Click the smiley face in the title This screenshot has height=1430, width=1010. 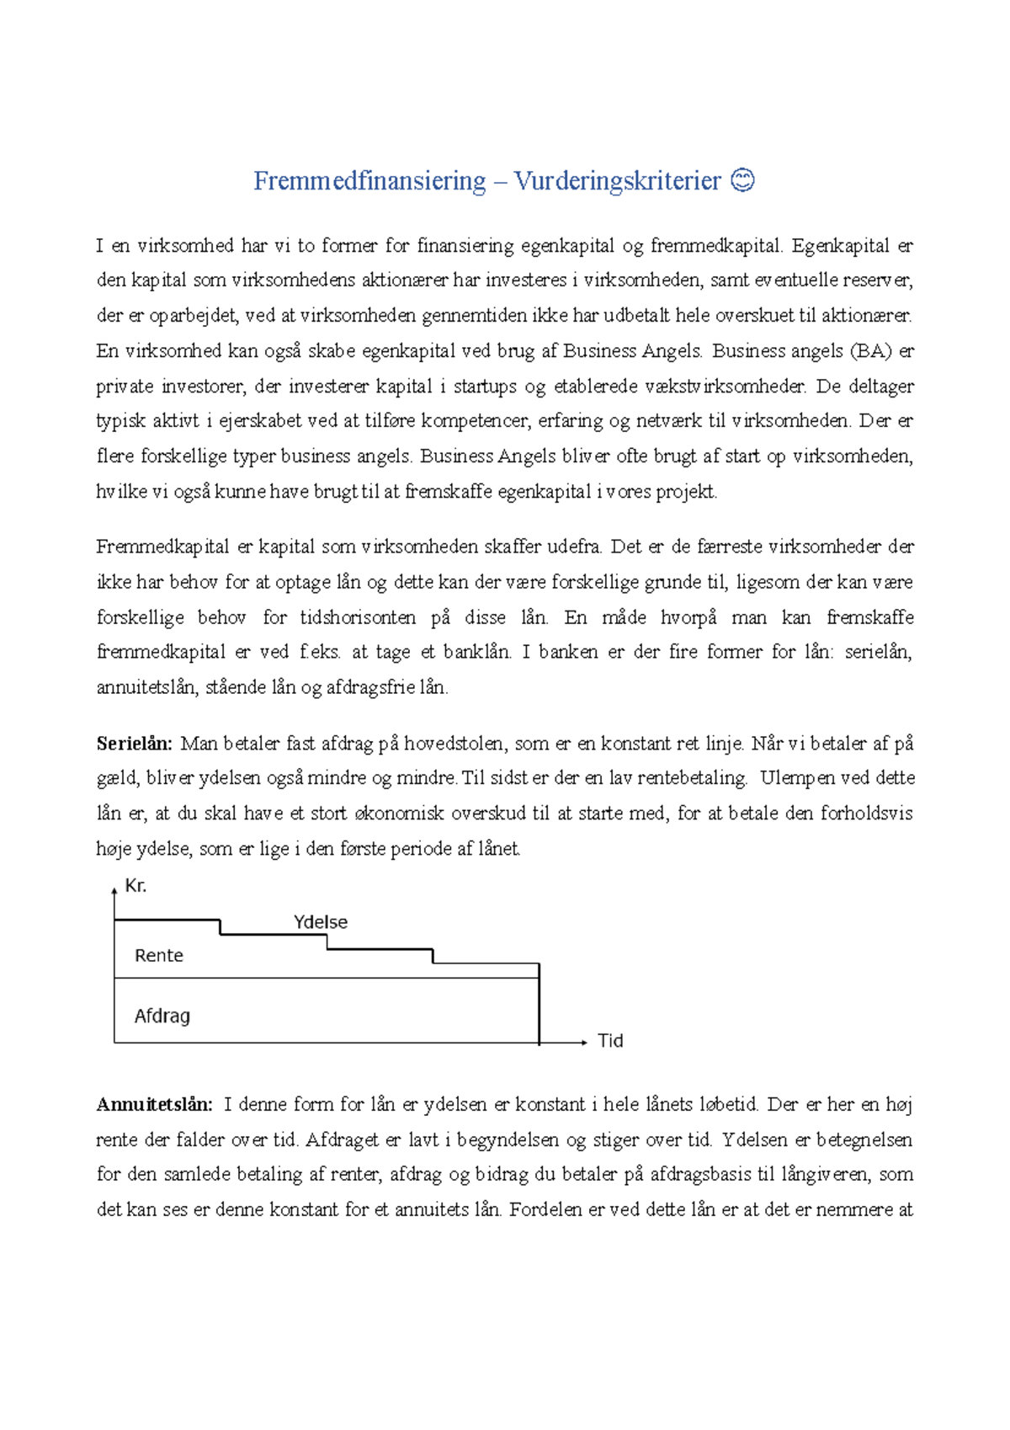click(742, 180)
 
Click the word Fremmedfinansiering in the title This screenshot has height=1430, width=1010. click(369, 181)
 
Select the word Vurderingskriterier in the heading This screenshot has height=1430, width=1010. click(617, 181)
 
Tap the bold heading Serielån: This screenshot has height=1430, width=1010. click(135, 744)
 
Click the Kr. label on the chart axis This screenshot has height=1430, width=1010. click(136, 886)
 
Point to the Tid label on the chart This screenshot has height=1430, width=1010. click(610, 1041)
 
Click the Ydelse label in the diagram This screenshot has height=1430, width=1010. click(321, 922)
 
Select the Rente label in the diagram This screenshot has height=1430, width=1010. click(159, 956)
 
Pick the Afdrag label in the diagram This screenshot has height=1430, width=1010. click(162, 1016)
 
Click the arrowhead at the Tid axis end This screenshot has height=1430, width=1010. click(582, 1043)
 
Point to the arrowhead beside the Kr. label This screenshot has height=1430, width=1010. click(114, 890)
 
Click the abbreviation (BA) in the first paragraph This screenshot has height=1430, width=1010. click(870, 351)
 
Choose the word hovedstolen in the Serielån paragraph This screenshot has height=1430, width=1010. click(454, 744)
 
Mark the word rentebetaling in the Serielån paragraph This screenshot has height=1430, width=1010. click(691, 778)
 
